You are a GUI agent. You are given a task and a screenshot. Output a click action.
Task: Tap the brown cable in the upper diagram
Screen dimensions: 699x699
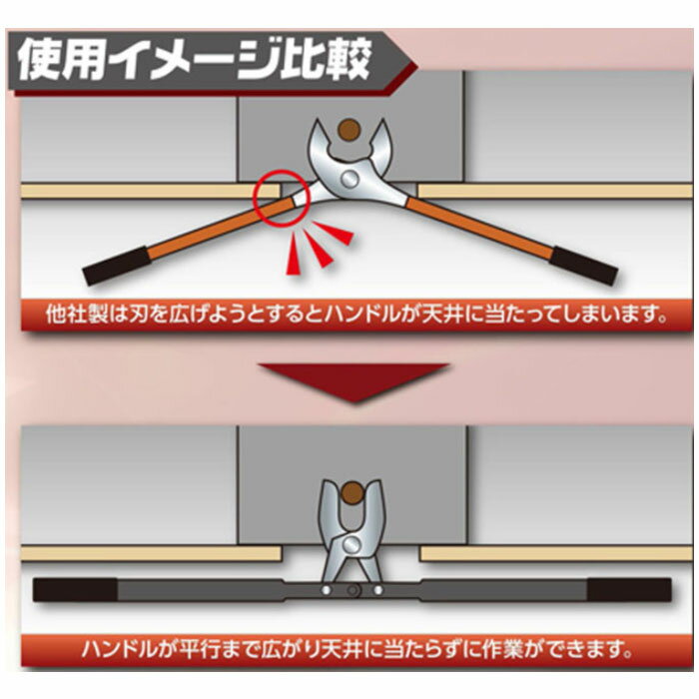pyautogui.click(x=349, y=130)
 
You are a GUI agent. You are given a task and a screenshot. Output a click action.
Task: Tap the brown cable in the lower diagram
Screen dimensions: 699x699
pyautogui.click(x=352, y=493)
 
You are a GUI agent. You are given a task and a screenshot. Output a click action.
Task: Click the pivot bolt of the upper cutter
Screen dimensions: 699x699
pyautogui.click(x=349, y=179)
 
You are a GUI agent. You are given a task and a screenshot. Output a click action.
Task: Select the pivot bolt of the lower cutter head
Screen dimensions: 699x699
pyautogui.click(x=351, y=544)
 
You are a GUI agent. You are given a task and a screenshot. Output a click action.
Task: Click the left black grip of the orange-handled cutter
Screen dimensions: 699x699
pyautogui.click(x=117, y=266)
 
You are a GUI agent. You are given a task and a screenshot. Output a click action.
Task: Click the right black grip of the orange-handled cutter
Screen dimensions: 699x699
pyautogui.click(x=584, y=266)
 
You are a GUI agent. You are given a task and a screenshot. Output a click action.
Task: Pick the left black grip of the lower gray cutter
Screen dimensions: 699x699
pyautogui.click(x=75, y=590)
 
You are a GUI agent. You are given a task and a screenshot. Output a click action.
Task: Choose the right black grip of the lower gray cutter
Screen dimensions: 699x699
pyautogui.click(x=629, y=590)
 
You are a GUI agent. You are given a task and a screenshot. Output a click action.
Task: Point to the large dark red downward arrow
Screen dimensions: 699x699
pyautogui.click(x=353, y=381)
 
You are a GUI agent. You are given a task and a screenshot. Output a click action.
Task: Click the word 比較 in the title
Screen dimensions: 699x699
pyautogui.click(x=328, y=59)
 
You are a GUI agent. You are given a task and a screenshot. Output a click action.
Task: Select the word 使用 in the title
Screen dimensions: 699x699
pyautogui.click(x=62, y=59)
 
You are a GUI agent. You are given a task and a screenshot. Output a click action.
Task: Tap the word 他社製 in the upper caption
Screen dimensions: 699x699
pyautogui.click(x=76, y=315)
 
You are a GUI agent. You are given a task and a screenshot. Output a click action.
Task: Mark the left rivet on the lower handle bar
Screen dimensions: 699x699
pyautogui.click(x=327, y=590)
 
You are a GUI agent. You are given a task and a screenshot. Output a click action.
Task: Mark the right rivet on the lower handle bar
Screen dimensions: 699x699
pyautogui.click(x=378, y=590)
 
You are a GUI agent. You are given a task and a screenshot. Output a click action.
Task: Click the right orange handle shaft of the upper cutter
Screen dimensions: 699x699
pyautogui.click(x=479, y=228)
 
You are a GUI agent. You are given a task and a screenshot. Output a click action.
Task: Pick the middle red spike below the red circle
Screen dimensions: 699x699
pyautogui.click(x=318, y=250)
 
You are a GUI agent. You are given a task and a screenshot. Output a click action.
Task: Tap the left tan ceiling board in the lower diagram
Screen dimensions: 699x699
pyautogui.click(x=152, y=553)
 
